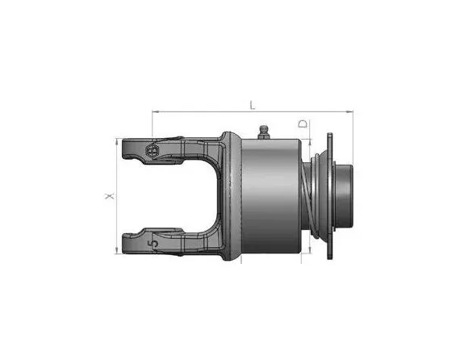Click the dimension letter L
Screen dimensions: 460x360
[x=253, y=105]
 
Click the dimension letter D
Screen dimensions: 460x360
[x=303, y=123]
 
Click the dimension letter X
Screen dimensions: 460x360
[x=110, y=196]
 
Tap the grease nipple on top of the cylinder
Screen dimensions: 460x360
[x=264, y=132]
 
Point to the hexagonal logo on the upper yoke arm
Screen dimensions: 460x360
[x=152, y=151]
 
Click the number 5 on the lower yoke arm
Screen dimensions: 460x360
[x=153, y=243]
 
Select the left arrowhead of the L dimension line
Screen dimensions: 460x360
[x=156, y=111]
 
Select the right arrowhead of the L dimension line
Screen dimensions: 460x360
[x=349, y=111]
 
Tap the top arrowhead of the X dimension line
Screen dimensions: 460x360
[x=117, y=141]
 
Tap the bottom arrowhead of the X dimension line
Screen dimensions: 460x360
[x=117, y=250]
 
